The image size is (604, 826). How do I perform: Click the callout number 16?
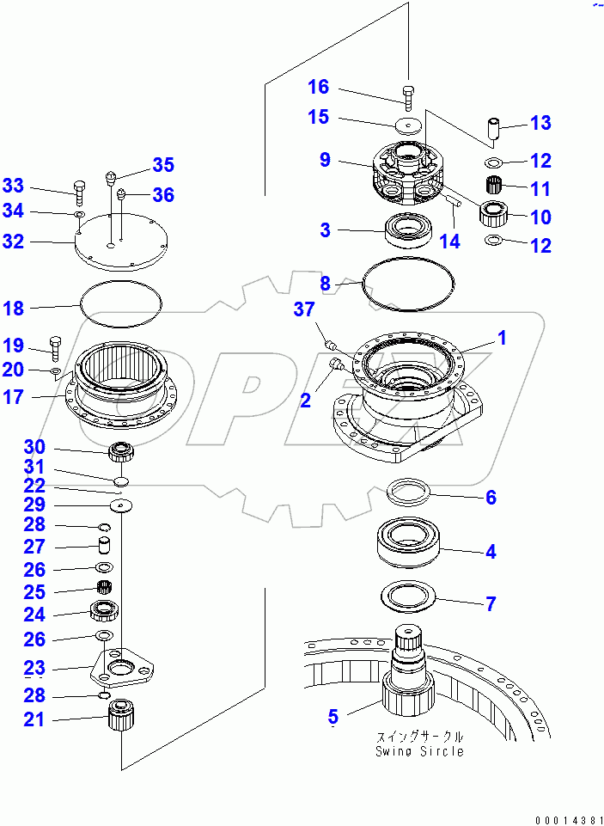[x=318, y=87]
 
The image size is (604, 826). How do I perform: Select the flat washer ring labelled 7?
[x=409, y=596]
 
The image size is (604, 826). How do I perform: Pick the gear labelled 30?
[x=119, y=449]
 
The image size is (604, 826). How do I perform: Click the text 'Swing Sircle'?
[x=418, y=750]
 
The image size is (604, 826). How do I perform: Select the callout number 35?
[x=163, y=165]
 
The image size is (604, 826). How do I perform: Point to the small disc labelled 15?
[x=409, y=125]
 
